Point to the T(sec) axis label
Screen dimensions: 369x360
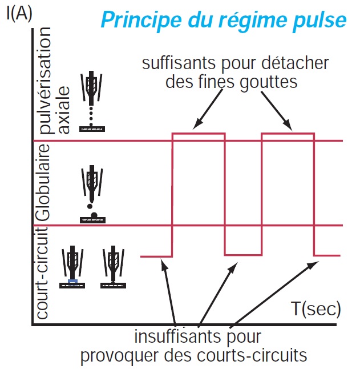coord(316,310)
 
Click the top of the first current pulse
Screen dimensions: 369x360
coord(199,134)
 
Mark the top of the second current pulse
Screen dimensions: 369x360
coord(288,134)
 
